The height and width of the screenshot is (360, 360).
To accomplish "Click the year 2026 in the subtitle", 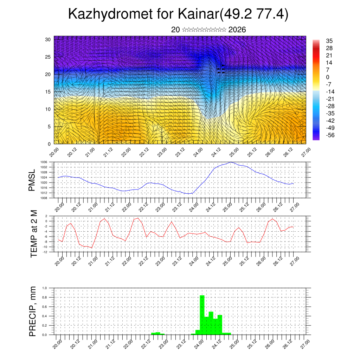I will click(x=237, y=30).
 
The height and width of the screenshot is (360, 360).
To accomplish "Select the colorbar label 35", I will click(x=329, y=41).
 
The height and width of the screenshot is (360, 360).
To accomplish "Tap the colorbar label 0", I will click(x=328, y=77).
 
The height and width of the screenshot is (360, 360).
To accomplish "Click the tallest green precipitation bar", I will click(x=202, y=315).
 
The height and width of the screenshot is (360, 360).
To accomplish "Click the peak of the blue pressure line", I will click(x=231, y=162).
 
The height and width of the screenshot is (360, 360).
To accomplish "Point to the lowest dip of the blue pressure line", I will click(x=189, y=194).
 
